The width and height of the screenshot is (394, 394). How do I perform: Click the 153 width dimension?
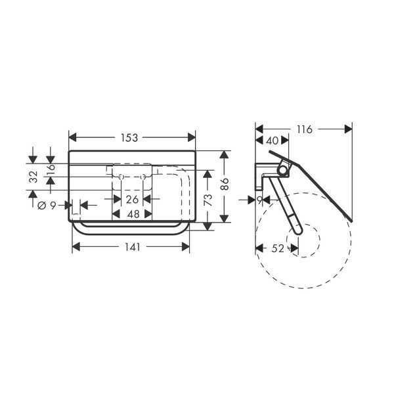[129, 138]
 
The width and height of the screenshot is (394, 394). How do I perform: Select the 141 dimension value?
[133, 248]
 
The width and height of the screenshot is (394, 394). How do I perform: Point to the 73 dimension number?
[208, 200]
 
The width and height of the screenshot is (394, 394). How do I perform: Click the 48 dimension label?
[133, 214]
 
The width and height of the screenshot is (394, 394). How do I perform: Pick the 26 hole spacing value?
[132, 200]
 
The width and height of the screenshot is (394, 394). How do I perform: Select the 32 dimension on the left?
[33, 177]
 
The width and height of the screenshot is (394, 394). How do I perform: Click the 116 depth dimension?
[305, 129]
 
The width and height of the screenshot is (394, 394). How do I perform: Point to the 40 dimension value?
[272, 141]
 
